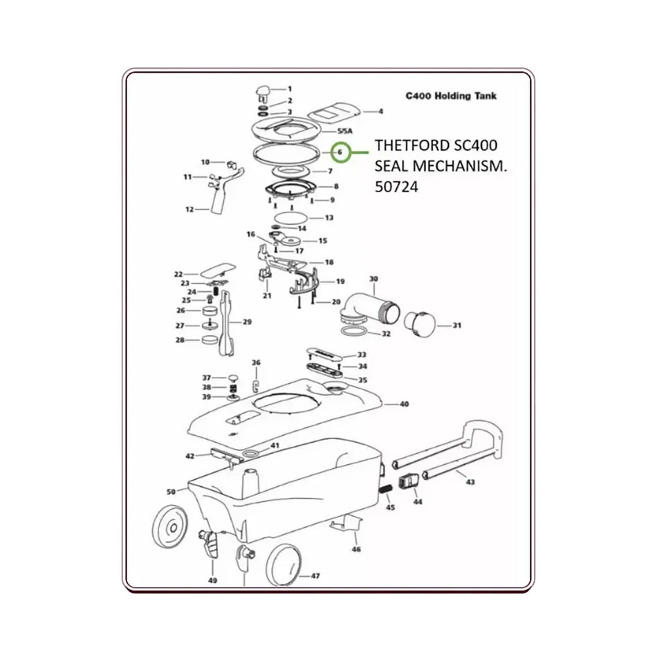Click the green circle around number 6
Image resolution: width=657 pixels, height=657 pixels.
point(339,151)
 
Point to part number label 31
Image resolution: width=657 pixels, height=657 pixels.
point(456,325)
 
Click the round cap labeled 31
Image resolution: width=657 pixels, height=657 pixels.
point(419,322)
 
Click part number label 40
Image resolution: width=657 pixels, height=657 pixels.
point(404,403)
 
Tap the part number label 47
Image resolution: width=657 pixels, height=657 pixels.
point(315,575)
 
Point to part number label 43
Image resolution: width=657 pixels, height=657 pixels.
point(470,481)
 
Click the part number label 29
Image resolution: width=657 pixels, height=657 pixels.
point(246,322)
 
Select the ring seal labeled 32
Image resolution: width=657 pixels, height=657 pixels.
point(354,334)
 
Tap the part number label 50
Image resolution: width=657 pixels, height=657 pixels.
point(172,492)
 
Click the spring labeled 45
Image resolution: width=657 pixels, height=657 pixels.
point(385,490)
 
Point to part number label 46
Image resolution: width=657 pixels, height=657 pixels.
point(355,550)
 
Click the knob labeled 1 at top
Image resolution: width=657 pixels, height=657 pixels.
point(263,91)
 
